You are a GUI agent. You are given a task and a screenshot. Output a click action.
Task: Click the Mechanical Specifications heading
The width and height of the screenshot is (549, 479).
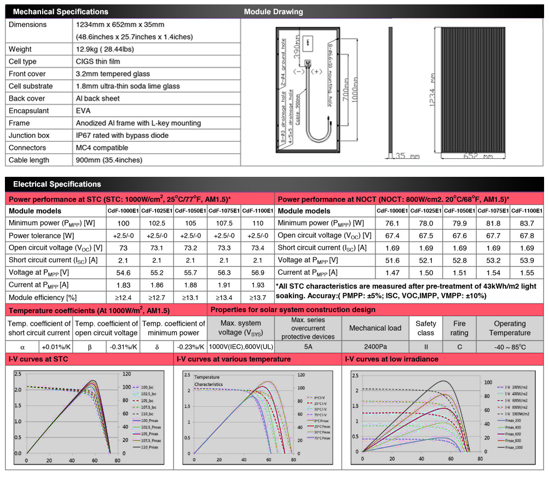60,11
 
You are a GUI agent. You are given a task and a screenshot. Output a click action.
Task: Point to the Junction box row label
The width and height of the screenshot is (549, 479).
29,135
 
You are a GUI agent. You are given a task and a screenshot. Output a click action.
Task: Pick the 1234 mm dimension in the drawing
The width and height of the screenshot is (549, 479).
432,88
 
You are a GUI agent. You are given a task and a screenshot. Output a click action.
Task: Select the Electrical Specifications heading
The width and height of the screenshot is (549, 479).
56,184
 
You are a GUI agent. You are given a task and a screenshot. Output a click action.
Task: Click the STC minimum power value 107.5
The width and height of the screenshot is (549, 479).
224,223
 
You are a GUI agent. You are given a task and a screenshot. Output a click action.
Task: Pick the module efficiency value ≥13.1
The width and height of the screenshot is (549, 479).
190,297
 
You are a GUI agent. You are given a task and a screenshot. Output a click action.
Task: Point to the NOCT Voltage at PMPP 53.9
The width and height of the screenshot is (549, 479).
527,260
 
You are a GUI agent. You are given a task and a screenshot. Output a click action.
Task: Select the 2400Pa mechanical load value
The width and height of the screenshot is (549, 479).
375,347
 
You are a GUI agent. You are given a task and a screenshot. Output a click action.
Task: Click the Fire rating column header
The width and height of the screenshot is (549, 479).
459,328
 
